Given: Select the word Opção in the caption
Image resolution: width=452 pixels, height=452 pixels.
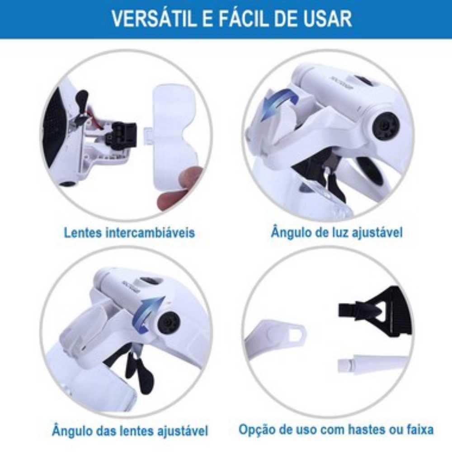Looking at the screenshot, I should (256, 428).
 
